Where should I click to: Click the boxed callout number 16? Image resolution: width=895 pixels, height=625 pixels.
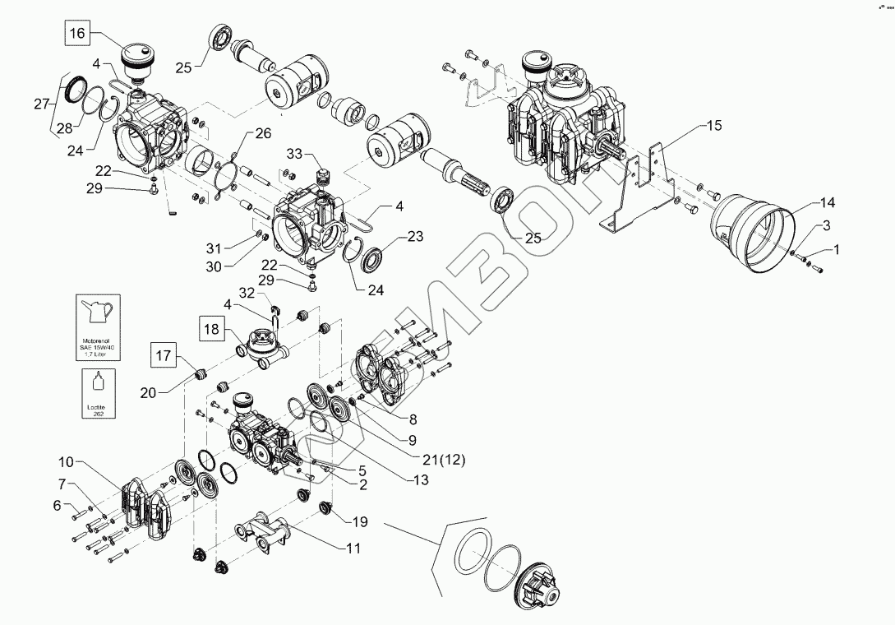pyautogui.click(x=76, y=34)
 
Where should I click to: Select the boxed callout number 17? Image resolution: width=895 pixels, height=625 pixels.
pyautogui.click(x=161, y=356)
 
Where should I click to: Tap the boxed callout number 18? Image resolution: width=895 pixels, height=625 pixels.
pyautogui.click(x=210, y=330)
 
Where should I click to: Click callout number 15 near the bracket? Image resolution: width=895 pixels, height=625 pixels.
pyautogui.click(x=713, y=127)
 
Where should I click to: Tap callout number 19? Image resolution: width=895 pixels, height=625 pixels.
pyautogui.click(x=360, y=522)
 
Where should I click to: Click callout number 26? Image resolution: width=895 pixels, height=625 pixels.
pyautogui.click(x=262, y=133)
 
